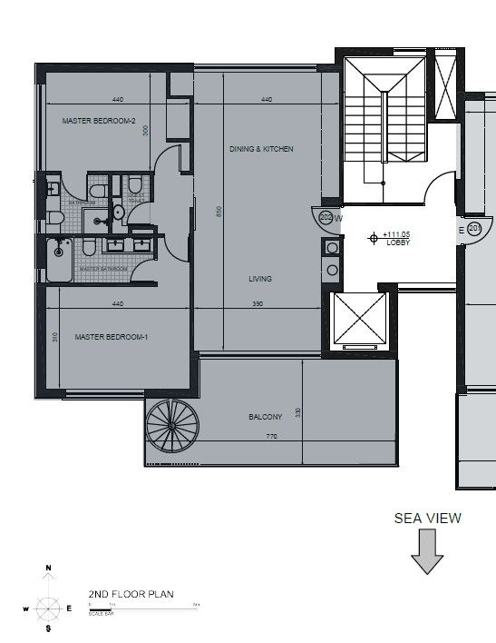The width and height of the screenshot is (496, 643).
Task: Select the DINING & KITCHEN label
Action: click(x=261, y=149)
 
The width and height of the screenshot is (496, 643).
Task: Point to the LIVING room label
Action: click(x=260, y=279)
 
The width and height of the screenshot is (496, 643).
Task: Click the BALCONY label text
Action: click(x=265, y=417)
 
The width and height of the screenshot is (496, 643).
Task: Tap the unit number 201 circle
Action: click(x=474, y=229)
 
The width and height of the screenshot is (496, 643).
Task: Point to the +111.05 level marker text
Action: click(x=397, y=234)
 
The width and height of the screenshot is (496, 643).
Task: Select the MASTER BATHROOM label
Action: click(x=102, y=269)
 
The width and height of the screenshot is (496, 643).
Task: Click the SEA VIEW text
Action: click(x=427, y=519)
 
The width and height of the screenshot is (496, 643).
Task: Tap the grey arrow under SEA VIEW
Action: click(x=427, y=552)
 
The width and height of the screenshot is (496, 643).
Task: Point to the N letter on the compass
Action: click(x=48, y=569)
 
